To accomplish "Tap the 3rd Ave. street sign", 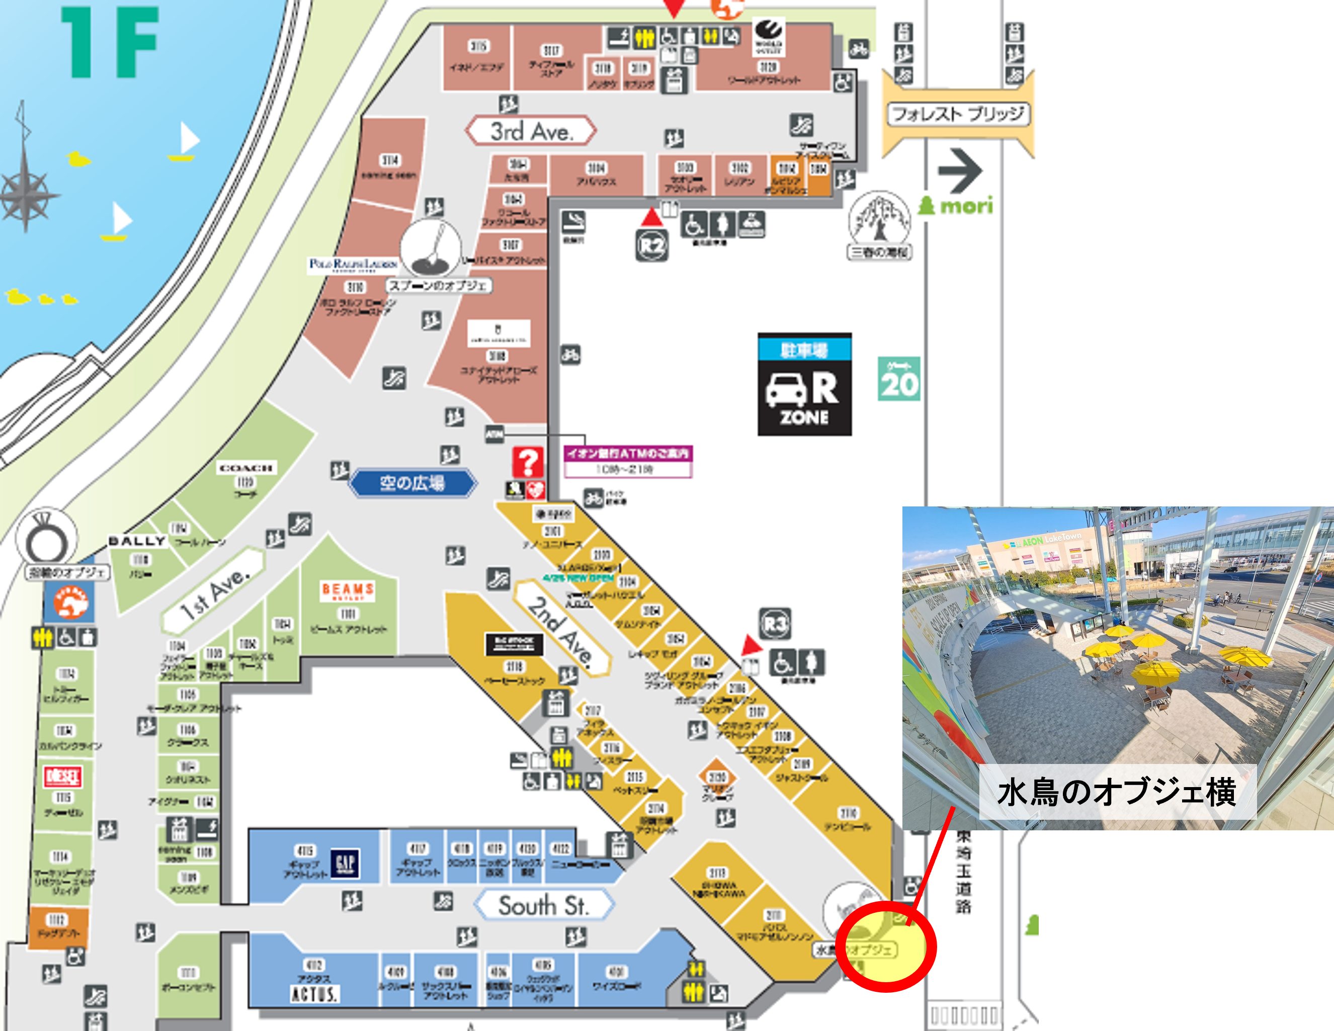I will tap(531, 131).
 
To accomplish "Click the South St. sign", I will tap(543, 905).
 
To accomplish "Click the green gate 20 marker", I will tap(898, 379).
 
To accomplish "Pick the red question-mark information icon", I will tap(528, 462).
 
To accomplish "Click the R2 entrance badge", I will tap(652, 245).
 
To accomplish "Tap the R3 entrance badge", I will tap(775, 624).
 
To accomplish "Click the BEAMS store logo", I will tap(348, 590).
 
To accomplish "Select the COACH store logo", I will tap(245, 468).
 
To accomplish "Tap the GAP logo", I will tap(345, 863).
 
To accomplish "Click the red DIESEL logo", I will tap(62, 777).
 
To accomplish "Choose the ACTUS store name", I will tap(314, 994).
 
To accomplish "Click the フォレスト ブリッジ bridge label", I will tap(958, 114).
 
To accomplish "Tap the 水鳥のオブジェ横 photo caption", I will tap(1117, 792).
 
